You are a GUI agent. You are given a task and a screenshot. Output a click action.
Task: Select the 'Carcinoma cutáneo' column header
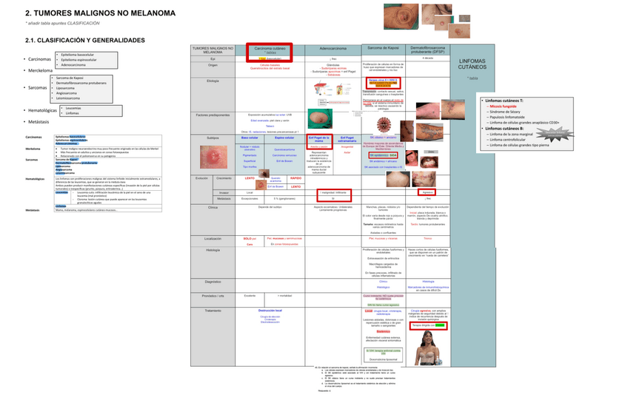click(x=270, y=49)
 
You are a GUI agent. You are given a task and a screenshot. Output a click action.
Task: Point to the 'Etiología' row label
click(x=213, y=80)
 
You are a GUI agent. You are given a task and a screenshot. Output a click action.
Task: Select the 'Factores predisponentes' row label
click(x=213, y=115)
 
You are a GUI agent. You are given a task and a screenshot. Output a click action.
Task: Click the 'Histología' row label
click(x=213, y=249)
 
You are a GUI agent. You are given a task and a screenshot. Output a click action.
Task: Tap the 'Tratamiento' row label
click(x=213, y=311)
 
